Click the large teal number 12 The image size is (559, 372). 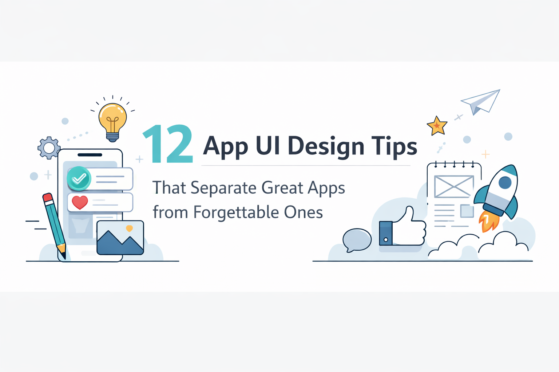168,144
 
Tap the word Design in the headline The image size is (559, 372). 326,146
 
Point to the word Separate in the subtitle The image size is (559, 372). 223,188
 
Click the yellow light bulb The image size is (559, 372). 113,118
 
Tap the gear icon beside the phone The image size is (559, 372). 49,148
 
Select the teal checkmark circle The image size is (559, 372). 79,178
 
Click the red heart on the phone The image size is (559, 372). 80,202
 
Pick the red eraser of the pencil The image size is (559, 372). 48,198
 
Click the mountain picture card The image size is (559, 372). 120,238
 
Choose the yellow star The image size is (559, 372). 437,126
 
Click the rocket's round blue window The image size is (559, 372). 505,182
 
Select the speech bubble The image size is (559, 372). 357,240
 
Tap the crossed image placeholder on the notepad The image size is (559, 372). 454,186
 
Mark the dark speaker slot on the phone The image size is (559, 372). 90,155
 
